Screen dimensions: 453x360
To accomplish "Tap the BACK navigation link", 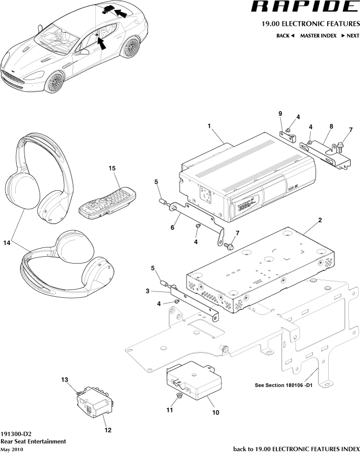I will [285, 36].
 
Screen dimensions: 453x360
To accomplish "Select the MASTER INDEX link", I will [318, 36].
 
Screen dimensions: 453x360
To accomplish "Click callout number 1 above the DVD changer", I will [209, 126].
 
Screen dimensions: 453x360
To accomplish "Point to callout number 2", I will [320, 220].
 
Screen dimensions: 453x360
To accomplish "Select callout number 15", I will [112, 168].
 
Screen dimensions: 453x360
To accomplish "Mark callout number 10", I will [215, 412].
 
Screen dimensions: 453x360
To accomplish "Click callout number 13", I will [64, 379].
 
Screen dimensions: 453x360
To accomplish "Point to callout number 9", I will [280, 114].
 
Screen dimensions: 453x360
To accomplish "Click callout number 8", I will [331, 126].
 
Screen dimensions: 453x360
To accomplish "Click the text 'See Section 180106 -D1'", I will [286, 385].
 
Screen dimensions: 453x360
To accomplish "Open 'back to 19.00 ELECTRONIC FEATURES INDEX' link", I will [296, 448].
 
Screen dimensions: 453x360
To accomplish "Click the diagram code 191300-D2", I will [17, 433].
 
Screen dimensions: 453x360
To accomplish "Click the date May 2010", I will [12, 449].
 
